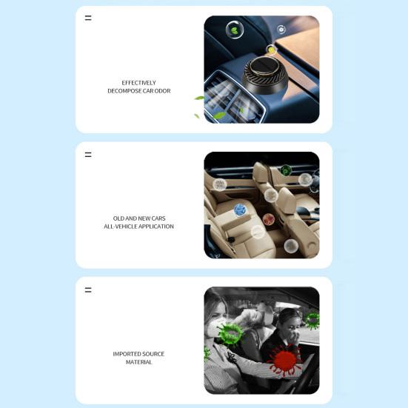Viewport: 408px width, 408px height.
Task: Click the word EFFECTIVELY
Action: (x=138, y=83)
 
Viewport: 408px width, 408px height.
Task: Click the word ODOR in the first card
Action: (x=163, y=91)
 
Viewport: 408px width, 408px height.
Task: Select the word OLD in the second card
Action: (x=118, y=218)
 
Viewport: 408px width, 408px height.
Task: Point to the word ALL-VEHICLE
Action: (x=120, y=227)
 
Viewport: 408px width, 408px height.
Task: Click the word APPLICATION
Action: (x=156, y=227)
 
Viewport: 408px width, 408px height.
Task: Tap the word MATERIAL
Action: (x=138, y=362)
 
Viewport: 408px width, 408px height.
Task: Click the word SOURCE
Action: (x=153, y=354)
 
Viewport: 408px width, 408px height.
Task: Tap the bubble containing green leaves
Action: (x=235, y=30)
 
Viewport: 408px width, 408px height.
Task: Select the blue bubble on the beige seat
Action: (x=240, y=210)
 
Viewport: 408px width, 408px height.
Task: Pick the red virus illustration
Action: (x=284, y=359)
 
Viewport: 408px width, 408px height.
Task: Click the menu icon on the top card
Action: (x=88, y=18)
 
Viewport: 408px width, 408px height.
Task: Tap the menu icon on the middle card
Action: (x=88, y=155)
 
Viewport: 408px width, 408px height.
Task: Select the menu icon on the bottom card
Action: (x=88, y=290)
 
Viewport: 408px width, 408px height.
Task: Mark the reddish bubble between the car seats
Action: (x=269, y=220)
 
